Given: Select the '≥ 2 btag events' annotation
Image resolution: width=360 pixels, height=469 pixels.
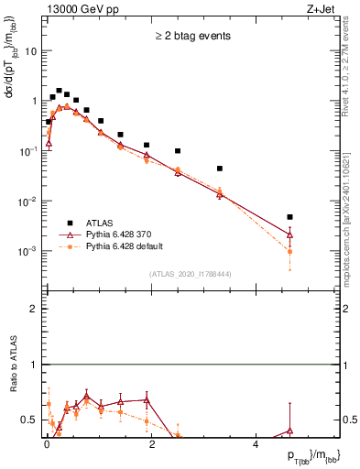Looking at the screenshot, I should (x=192, y=37).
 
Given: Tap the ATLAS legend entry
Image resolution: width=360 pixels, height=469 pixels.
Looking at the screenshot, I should (x=96, y=223).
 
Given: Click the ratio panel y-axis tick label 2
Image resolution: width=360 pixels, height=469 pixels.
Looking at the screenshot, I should (x=34, y=310).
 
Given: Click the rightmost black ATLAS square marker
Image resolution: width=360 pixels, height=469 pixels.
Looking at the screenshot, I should (x=289, y=217).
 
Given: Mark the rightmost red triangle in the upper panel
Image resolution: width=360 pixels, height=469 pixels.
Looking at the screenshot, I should (x=289, y=234).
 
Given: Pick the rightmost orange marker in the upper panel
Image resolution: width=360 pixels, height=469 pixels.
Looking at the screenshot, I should (x=289, y=251).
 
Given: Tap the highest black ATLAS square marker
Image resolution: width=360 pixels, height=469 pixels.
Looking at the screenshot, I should (x=59, y=91).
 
